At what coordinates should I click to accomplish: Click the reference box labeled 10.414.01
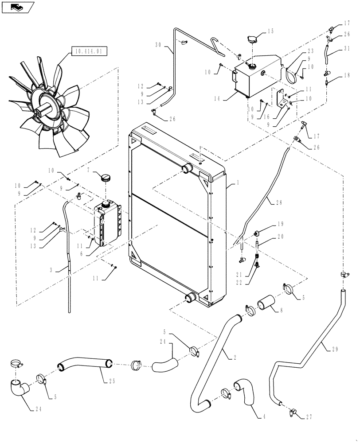click(x=89, y=52)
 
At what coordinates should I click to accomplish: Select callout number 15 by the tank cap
click(x=271, y=31)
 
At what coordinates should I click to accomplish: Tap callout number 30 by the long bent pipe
click(x=159, y=45)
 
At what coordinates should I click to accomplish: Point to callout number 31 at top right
click(x=346, y=49)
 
